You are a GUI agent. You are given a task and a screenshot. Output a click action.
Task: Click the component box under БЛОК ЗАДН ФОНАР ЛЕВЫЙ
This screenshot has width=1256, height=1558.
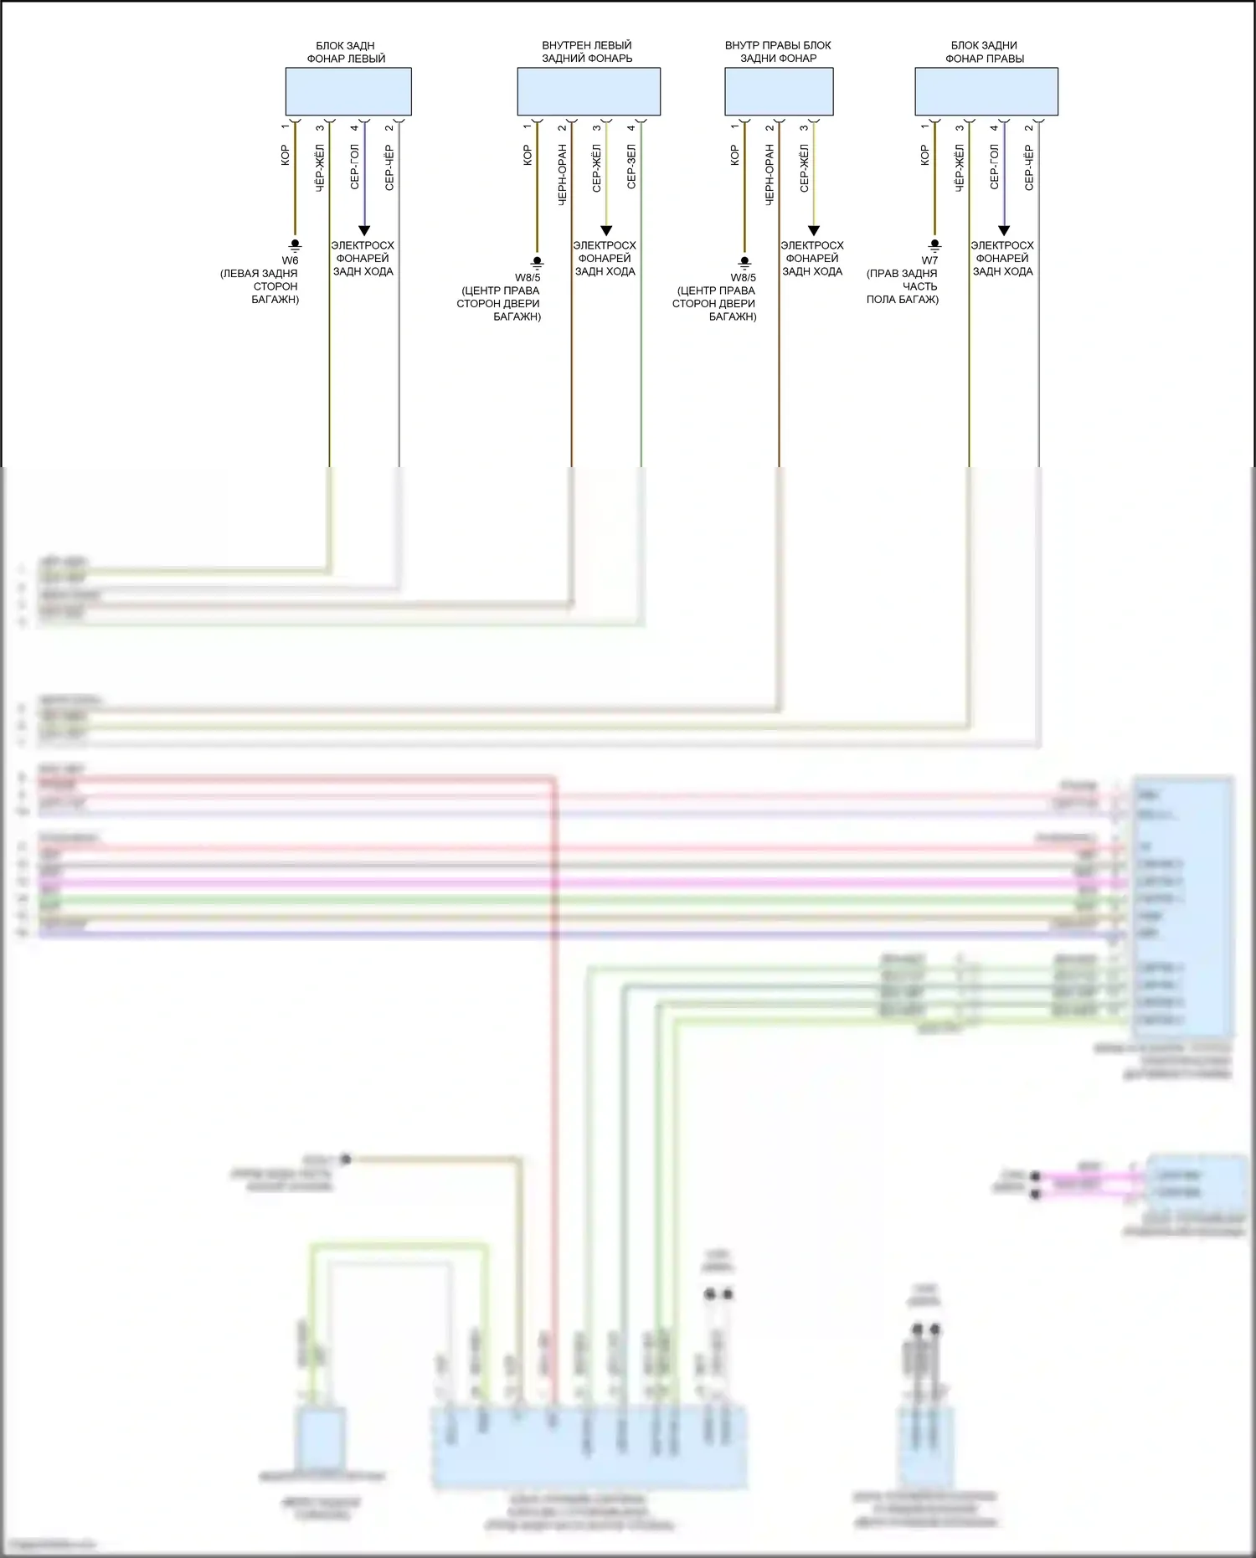pos(348,91)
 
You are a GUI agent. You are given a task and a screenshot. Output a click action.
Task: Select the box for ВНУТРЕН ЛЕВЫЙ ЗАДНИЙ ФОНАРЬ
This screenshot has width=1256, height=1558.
pos(589,91)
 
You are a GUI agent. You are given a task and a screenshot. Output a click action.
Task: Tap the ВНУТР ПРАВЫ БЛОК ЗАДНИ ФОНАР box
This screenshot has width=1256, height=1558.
pos(779,91)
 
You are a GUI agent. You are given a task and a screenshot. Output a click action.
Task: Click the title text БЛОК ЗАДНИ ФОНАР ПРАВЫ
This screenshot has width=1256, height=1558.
pos(985,52)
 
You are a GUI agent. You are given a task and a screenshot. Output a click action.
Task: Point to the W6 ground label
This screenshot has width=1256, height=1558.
pos(290,260)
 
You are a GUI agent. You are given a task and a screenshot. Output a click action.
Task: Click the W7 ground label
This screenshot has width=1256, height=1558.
pos(929,260)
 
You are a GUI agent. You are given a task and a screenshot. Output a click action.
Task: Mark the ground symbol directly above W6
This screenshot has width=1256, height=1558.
pos(295,245)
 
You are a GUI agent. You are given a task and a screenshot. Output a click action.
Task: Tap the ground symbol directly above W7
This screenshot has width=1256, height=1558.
pos(935,245)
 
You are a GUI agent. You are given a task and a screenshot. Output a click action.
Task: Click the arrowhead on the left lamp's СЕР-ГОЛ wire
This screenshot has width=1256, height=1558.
pos(364,230)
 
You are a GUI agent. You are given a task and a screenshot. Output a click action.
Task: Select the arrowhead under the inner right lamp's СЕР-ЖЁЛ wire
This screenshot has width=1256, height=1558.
pos(813,230)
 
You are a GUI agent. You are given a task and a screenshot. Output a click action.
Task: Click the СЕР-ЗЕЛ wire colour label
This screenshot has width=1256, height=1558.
pos(631,166)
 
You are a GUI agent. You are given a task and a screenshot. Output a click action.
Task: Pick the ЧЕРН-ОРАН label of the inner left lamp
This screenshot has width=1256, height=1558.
pos(563,174)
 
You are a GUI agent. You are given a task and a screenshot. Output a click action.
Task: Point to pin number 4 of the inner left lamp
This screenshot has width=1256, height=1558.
pos(631,127)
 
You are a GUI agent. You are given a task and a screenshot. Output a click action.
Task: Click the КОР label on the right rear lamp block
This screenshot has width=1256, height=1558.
pos(924,155)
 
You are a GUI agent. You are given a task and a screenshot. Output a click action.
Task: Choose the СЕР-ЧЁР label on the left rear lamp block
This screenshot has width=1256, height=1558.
pos(389,167)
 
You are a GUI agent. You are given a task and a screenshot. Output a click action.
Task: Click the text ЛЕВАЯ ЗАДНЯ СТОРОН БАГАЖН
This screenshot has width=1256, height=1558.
pos(260,286)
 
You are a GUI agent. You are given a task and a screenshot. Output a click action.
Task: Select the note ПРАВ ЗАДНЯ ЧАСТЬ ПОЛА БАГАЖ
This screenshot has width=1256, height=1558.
pos(903,286)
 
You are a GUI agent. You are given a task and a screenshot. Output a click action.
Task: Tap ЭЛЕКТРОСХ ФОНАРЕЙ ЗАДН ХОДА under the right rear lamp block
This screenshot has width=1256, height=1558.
pos(1002,258)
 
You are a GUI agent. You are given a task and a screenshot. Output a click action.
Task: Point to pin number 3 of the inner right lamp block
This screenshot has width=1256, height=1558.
pos(804,127)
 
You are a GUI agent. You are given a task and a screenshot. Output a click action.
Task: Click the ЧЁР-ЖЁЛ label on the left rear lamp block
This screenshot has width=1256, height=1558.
pos(320,167)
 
